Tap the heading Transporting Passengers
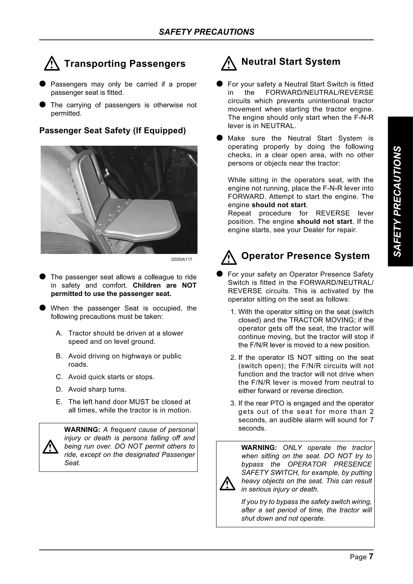coord(125,64)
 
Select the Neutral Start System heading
coord(291,61)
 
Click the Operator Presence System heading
coord(305,256)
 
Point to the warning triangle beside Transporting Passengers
coord(52,64)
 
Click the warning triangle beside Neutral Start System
coord(229,64)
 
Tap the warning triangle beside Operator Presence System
coord(229,258)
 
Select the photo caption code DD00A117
coord(182,259)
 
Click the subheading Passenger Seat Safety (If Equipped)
coord(113,131)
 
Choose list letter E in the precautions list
coord(59,402)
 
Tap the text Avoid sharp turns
coord(97,389)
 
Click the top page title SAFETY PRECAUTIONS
coord(206,32)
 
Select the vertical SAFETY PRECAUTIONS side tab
coord(400,201)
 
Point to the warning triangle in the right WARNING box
coord(227,483)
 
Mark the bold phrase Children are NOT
coord(165,285)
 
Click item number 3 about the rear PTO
coord(233,403)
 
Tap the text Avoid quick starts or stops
coord(111,377)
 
